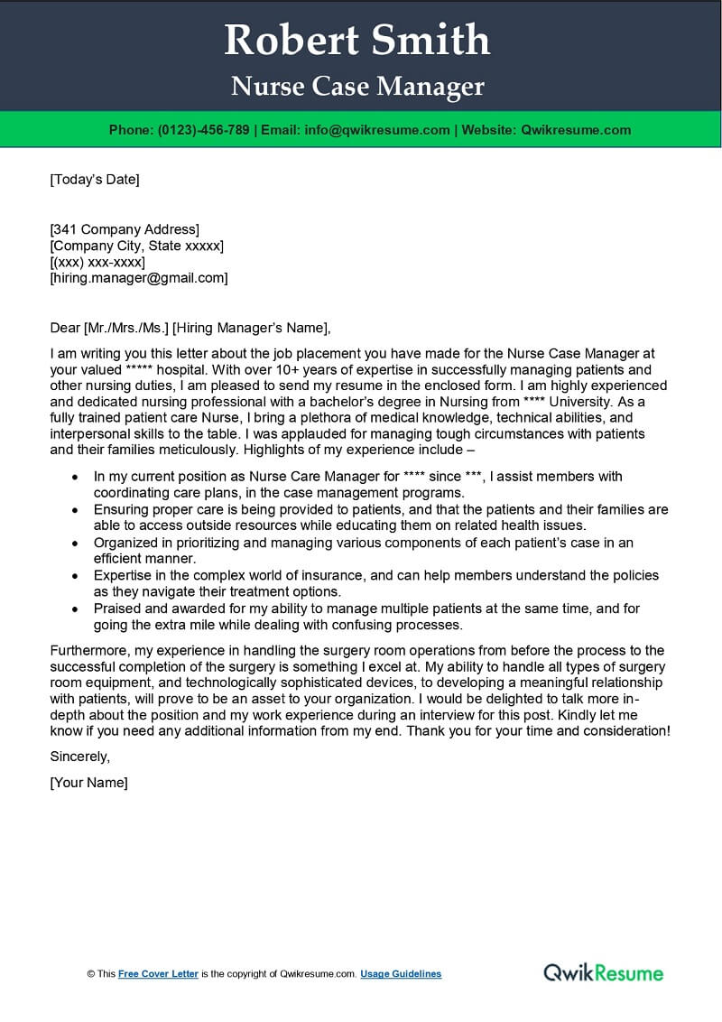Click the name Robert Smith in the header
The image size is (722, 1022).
[357, 41]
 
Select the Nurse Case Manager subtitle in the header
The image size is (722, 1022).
[357, 87]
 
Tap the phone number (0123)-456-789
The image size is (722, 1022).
[203, 130]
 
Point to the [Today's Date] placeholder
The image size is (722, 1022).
[95, 179]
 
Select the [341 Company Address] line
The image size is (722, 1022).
[125, 229]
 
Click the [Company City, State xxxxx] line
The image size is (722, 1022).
[136, 246]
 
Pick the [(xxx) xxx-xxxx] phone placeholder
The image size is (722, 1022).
[97, 262]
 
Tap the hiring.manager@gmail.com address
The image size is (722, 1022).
[139, 278]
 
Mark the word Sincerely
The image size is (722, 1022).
[79, 756]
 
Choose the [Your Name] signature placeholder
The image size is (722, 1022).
[88, 783]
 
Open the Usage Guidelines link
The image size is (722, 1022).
[401, 974]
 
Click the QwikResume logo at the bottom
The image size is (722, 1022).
[603, 972]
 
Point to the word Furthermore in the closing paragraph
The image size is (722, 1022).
[88, 650]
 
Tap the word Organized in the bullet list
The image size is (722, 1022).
[125, 543]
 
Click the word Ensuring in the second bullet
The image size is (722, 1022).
[121, 509]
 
